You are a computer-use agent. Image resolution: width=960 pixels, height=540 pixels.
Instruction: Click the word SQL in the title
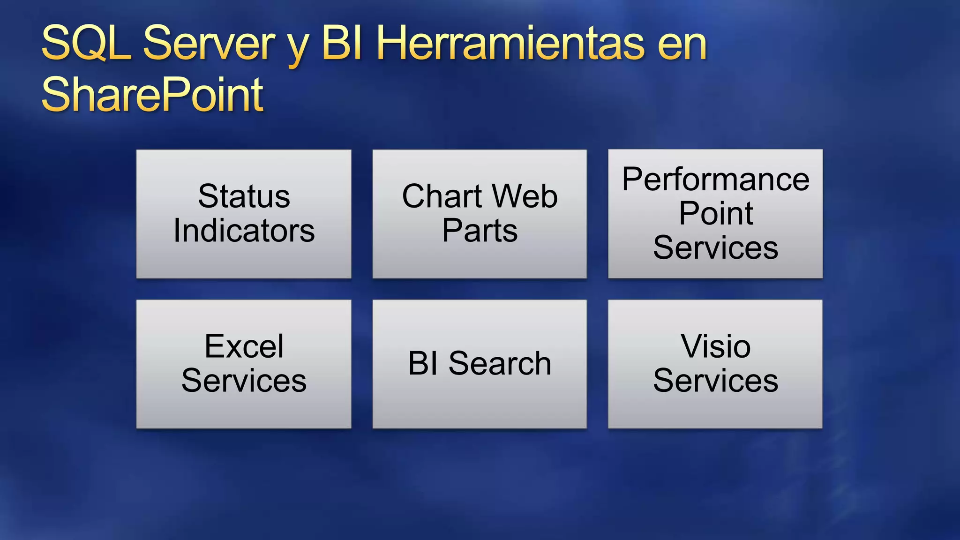point(87,44)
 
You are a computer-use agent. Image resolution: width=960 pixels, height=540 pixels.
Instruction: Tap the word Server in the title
point(209,44)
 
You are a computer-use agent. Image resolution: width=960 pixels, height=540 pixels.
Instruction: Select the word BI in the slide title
point(341,44)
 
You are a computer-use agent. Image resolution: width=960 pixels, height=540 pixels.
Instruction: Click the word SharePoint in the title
point(152,95)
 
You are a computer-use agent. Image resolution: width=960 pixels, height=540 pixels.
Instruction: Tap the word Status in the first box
point(244,196)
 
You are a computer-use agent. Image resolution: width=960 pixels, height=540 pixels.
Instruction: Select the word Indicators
point(244,231)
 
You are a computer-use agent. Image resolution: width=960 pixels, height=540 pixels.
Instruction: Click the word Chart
point(442,196)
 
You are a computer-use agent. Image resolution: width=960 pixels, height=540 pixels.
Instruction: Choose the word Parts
point(480,231)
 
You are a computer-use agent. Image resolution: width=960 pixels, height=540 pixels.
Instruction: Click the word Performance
point(715,179)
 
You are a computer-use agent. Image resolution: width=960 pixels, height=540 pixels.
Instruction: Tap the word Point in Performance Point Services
point(715,213)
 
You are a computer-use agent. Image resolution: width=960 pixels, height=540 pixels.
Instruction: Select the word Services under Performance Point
point(715,247)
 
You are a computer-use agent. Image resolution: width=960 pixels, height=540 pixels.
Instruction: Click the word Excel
point(244,346)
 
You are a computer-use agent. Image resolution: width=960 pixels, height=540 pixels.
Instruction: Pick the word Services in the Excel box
point(244,380)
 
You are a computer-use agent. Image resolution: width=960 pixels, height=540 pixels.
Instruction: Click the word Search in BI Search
point(500,363)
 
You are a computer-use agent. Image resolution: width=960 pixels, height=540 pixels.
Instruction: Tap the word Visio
point(715,346)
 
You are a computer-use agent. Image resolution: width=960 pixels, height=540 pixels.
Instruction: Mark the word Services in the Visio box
point(715,380)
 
